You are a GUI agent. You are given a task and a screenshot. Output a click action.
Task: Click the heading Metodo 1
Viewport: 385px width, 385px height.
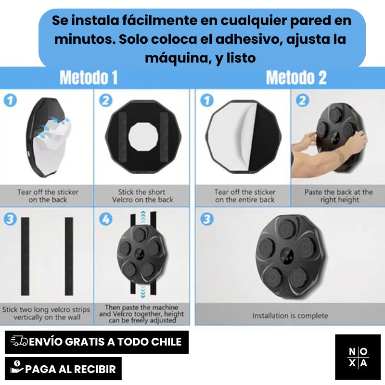click(x=89, y=77)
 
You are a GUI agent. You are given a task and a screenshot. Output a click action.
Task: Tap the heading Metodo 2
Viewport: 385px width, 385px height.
click(x=296, y=77)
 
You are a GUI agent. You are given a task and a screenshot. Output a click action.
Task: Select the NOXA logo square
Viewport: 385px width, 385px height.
click(x=358, y=357)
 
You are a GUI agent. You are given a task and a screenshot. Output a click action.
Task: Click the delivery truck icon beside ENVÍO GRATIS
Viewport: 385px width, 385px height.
click(x=19, y=341)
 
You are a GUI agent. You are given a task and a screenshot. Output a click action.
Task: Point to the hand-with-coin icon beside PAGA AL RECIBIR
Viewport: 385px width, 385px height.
click(x=17, y=368)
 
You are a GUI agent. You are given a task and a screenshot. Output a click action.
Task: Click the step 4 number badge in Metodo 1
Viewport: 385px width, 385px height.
click(x=106, y=219)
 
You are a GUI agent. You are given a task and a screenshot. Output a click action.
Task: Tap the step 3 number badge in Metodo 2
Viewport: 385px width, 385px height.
click(x=207, y=219)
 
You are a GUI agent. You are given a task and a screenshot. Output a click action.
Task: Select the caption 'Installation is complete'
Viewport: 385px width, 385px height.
click(x=290, y=316)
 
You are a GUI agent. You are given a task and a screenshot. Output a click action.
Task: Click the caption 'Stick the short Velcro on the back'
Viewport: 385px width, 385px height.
click(x=142, y=196)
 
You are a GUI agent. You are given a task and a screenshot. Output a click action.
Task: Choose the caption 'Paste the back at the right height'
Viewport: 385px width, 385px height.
click(x=339, y=196)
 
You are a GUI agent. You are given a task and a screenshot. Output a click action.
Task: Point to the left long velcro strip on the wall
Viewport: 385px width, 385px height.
click(x=25, y=256)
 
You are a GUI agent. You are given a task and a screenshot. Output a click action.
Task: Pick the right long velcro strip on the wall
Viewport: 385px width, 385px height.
click(x=69, y=256)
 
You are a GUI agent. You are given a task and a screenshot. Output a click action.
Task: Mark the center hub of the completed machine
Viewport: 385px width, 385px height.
click(x=287, y=256)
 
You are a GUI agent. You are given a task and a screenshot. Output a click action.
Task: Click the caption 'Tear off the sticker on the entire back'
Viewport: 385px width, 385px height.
click(x=245, y=196)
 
